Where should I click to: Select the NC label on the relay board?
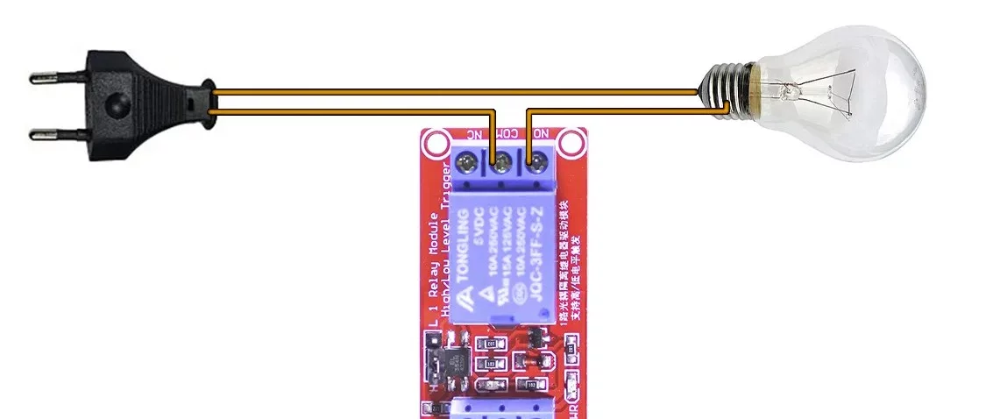tap(473, 135)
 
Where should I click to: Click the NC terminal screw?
tap(466, 162)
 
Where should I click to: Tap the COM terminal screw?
tap(501, 162)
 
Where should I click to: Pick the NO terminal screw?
tap(536, 162)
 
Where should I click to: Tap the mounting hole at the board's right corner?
tap(571, 141)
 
